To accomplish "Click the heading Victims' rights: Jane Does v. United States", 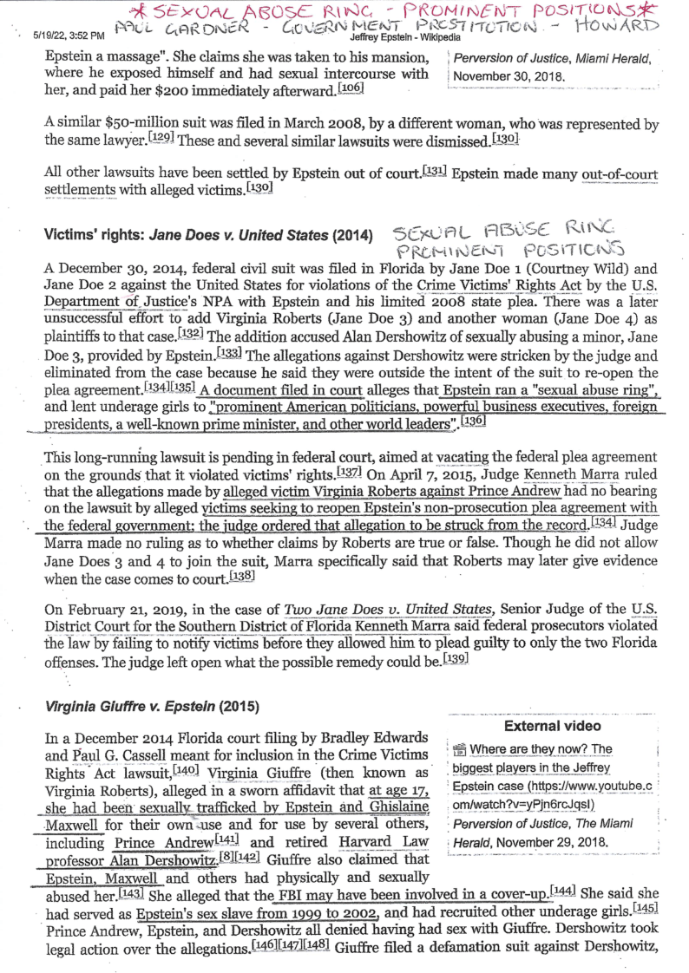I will [x=207, y=236].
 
